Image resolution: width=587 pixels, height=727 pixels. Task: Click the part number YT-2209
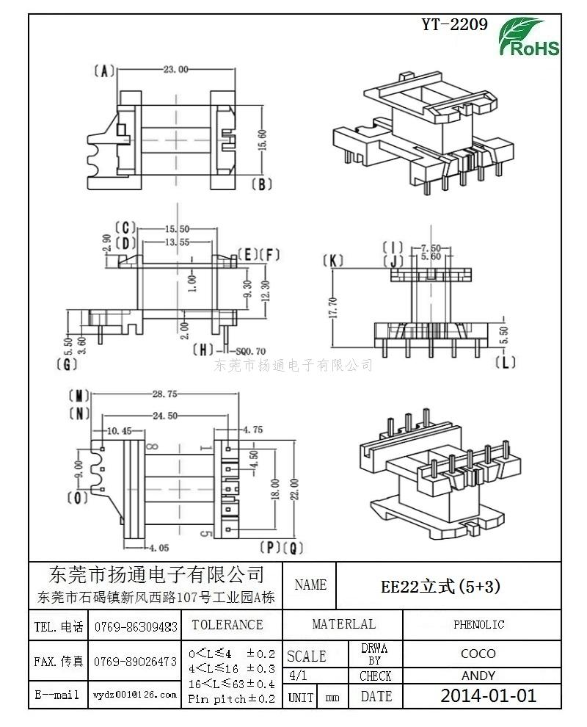coord(454,24)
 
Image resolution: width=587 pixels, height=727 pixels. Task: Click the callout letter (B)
coord(262,184)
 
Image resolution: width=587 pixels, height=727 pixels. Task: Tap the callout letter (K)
coord(334,261)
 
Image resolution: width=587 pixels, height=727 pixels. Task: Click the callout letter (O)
coord(77,498)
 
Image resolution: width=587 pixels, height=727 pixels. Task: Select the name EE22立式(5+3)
coord(441,586)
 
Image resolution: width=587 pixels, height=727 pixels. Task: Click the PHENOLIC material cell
coord(478,625)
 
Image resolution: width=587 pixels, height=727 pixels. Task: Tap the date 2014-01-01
coord(488,695)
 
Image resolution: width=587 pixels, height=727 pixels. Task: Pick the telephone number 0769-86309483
coord(135,627)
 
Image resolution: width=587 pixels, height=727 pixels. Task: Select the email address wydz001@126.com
coord(135,694)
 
